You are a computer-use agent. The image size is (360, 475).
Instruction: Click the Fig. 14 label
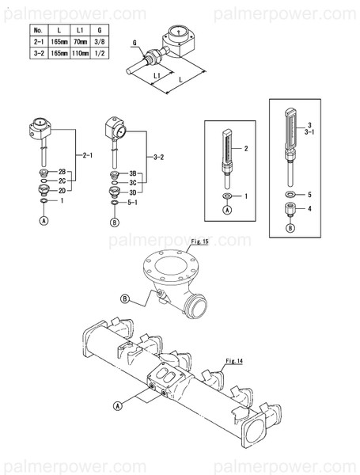click(234, 360)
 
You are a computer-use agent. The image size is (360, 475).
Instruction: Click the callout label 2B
click(63, 172)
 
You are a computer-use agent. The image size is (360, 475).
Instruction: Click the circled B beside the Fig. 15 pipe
click(124, 298)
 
